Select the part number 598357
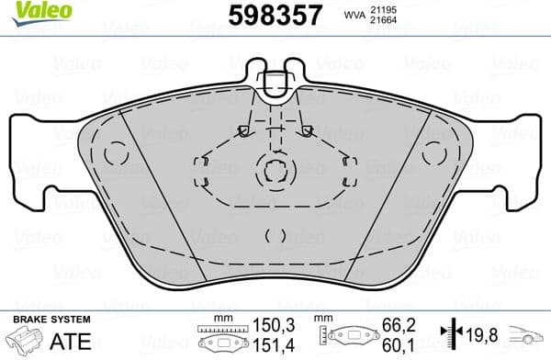(x=273, y=15)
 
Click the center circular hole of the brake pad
(x=273, y=170)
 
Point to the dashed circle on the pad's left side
(x=116, y=154)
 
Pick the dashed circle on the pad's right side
(x=432, y=154)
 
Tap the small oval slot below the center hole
(x=273, y=233)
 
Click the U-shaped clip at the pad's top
(x=273, y=84)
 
